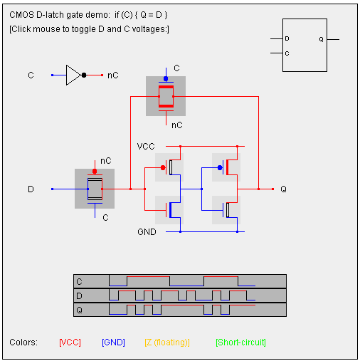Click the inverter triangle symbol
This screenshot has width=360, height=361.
73,75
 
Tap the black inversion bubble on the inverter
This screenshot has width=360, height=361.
84,75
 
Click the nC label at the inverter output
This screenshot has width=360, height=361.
113,75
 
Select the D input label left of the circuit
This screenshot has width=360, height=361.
31,189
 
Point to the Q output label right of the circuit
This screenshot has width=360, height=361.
284,189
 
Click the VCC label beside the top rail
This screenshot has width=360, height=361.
146,147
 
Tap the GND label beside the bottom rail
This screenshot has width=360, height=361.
147,232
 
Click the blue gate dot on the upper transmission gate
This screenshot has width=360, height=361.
166,78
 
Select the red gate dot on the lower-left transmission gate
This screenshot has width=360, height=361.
95,171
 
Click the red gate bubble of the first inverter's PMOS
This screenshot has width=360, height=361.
163,168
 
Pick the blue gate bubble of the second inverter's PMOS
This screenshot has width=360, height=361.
220,168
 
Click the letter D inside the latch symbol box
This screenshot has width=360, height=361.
287,38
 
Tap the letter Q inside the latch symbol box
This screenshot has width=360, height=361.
321,39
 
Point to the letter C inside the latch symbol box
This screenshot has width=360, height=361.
287,53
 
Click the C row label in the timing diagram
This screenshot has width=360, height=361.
79,282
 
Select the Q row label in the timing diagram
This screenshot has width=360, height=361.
79,310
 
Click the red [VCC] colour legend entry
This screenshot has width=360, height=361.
70,342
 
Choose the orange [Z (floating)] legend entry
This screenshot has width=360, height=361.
167,342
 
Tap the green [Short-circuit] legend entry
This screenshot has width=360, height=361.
240,342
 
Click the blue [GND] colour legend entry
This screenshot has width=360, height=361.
113,342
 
